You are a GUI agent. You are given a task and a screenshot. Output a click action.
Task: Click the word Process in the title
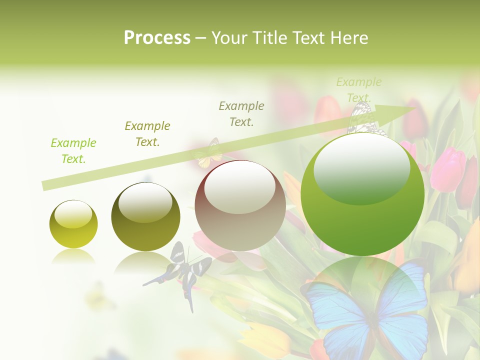(157, 38)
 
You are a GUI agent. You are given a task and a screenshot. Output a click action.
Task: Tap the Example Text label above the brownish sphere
(241, 113)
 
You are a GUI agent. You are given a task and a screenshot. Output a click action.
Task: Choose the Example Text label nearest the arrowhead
(358, 89)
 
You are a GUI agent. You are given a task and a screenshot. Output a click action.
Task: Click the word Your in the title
(230, 38)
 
